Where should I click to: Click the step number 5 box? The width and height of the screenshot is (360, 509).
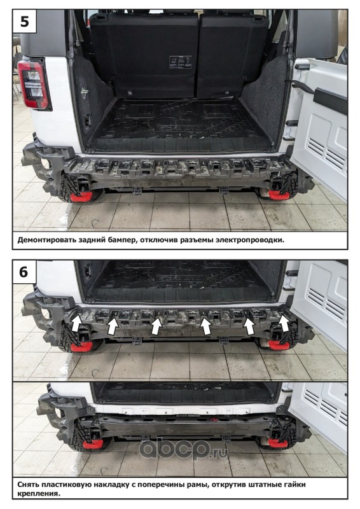point(24,21)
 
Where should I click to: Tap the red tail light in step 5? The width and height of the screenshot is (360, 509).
point(34,84)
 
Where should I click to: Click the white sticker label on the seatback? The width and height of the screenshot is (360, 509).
point(181,62)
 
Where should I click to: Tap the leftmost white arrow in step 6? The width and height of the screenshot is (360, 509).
point(76,323)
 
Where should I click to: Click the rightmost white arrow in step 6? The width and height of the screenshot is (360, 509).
point(285,323)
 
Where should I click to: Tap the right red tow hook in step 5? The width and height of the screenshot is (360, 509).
point(279,195)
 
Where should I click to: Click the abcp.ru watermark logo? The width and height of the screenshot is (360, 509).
point(183,449)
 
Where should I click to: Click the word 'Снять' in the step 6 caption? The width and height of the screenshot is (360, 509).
point(28,485)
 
